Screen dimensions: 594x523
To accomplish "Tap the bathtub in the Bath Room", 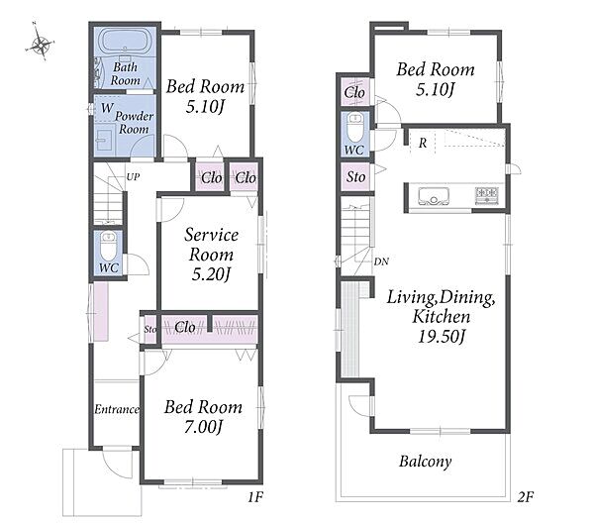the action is [125, 41].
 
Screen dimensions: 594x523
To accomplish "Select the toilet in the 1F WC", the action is [108, 246].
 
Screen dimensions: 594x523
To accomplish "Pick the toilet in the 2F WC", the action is [355, 127].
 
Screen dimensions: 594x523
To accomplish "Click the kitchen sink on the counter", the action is [434, 196].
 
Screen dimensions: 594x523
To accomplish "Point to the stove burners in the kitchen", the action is [487, 196].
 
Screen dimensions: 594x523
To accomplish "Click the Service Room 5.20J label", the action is [211, 255].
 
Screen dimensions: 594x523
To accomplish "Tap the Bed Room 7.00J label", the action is [203, 416].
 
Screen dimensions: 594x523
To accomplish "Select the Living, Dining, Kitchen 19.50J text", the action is [441, 316].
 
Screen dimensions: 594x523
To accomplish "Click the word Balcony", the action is [426, 462].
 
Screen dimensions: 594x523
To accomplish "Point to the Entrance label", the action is [117, 409].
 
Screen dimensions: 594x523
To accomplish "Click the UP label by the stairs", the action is [133, 176].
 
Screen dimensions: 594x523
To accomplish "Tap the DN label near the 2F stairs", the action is [381, 261].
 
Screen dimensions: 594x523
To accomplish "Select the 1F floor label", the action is [255, 497].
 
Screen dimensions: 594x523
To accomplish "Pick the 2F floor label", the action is [525, 496].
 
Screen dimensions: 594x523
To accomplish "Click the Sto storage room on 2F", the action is [355, 176].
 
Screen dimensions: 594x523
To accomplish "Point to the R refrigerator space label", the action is [423, 143].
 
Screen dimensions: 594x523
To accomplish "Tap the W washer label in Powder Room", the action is [107, 108].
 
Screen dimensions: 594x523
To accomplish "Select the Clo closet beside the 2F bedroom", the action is [355, 92].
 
